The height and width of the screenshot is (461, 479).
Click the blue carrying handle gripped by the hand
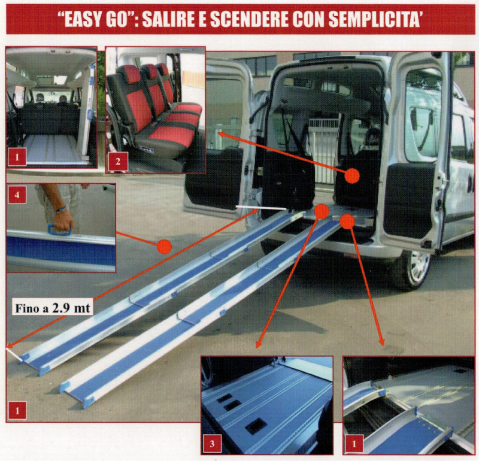pyautogui.click(x=60, y=229)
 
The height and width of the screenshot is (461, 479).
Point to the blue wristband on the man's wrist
pyautogui.click(x=60, y=209)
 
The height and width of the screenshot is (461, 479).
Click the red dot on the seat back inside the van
pyautogui.click(x=352, y=175)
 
